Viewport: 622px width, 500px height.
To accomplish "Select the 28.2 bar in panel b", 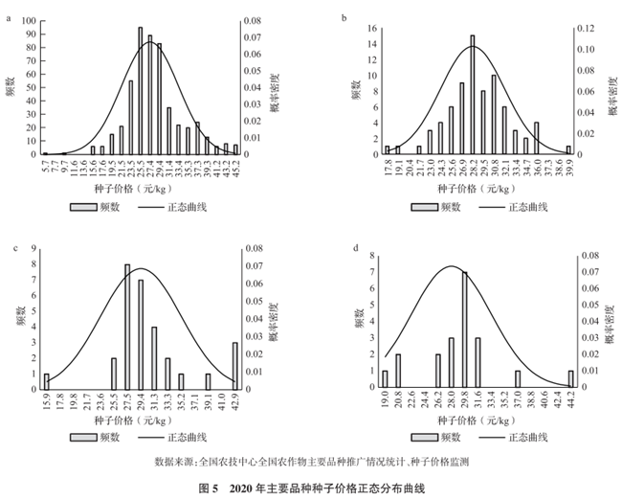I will point(472,95).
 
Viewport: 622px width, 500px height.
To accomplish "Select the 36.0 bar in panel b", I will point(537,138).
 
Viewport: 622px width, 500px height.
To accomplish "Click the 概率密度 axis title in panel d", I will point(607,322).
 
